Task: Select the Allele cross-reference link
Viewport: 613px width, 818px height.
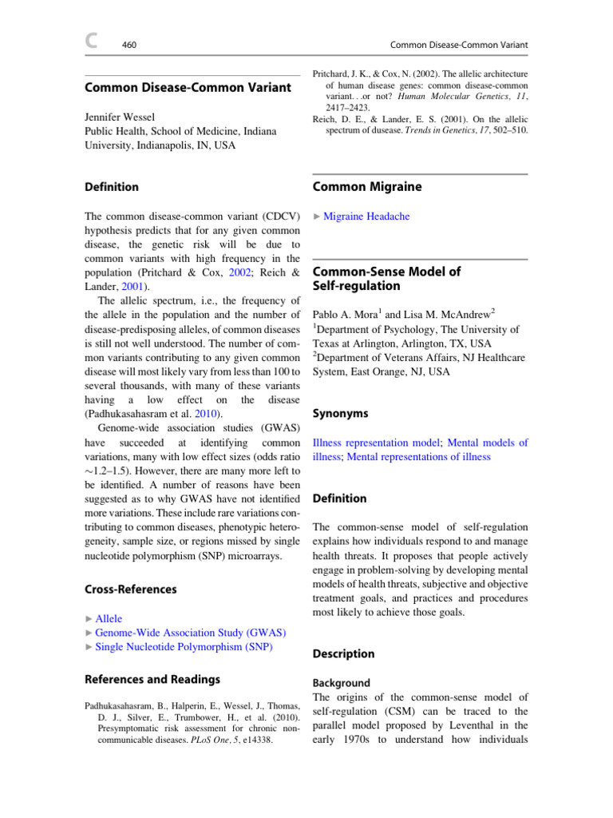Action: pos(109,618)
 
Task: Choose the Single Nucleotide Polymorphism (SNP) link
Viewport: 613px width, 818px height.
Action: pos(184,647)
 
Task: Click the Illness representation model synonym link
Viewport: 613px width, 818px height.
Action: pos(376,442)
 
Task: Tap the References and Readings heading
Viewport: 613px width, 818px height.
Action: pos(152,679)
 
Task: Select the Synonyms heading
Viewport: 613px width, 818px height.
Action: pos(341,413)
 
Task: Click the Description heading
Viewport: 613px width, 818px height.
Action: pos(343,653)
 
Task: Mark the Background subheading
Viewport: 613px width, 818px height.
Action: pos(341,683)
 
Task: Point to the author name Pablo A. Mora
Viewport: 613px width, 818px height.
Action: pos(350,314)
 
